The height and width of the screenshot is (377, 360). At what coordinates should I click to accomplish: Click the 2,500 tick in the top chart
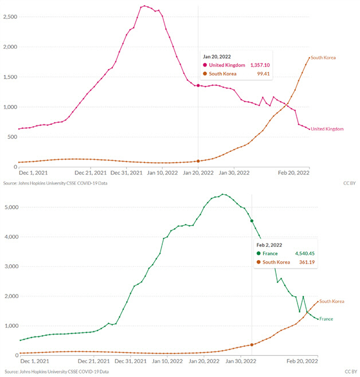point(10,17)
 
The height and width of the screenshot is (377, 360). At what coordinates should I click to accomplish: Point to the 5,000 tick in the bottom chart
point(10,207)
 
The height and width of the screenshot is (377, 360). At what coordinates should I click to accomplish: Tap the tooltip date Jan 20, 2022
point(217,56)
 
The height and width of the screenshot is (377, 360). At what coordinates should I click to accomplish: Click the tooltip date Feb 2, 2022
point(269,245)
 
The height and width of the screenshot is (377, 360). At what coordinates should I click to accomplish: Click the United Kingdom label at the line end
point(328,129)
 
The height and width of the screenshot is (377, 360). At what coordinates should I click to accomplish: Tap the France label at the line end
point(326,319)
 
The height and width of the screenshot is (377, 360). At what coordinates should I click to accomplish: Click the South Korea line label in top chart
point(323,57)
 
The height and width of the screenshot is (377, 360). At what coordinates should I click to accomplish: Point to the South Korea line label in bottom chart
point(332,301)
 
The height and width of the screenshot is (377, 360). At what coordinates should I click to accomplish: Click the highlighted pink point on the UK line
point(198,85)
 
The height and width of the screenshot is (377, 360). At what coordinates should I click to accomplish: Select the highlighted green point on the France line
point(252,220)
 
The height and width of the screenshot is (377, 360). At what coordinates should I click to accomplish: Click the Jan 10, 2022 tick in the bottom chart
point(168,362)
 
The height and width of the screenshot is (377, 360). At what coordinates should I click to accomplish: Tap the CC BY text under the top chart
point(348,183)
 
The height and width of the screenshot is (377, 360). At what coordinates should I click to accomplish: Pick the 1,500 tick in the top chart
point(10,77)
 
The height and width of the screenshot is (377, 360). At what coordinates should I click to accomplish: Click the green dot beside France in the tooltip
point(259,253)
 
